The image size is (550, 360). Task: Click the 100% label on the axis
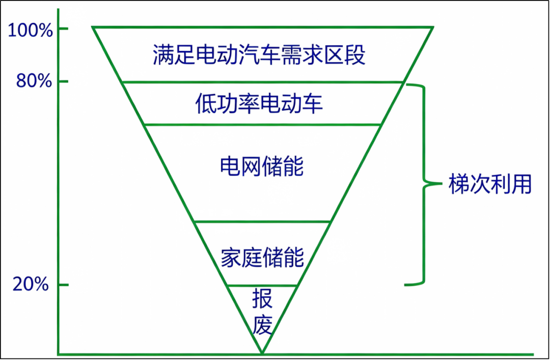point(30,31)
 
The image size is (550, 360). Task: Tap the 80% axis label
point(34,81)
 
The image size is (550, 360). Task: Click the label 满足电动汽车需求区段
point(259,54)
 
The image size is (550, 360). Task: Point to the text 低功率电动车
point(259,103)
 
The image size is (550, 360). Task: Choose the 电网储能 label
point(262,166)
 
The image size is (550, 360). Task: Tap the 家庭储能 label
point(262,257)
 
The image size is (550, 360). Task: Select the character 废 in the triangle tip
point(262,324)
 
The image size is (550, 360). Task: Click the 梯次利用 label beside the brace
point(490,184)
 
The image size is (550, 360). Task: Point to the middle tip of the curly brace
point(441,183)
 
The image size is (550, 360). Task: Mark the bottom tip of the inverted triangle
point(262,353)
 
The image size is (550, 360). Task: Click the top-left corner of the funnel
point(93,27)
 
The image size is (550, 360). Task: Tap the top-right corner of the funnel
point(433,27)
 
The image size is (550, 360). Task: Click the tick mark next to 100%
point(63,29)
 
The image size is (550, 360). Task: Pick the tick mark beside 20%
point(63,285)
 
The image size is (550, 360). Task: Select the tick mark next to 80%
point(63,81)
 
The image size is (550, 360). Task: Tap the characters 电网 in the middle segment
point(240,166)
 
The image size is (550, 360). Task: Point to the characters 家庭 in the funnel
point(241,257)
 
